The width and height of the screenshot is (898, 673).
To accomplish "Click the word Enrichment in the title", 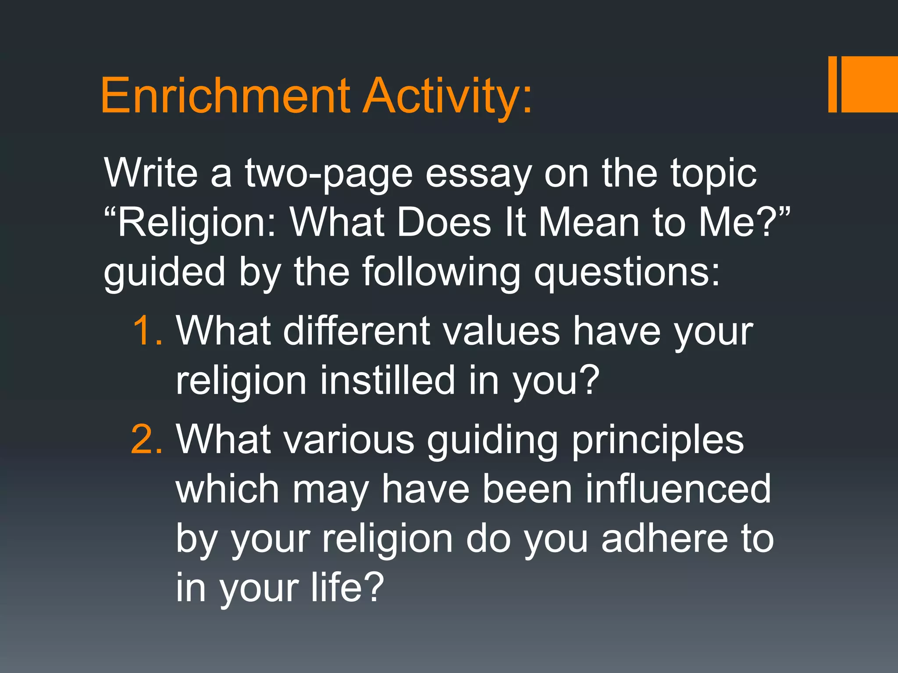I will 225,96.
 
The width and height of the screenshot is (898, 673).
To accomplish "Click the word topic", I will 713,174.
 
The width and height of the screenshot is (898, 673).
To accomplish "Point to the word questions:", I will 627,273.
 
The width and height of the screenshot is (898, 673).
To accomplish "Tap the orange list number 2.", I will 147,440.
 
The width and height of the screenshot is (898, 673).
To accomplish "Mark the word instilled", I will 388,380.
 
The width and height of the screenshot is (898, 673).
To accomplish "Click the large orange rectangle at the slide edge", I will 870,84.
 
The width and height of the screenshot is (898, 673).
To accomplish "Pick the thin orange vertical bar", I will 833,84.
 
